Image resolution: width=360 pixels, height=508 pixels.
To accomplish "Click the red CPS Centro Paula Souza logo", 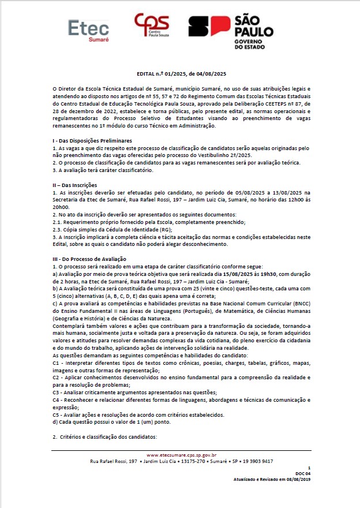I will coord(151,28).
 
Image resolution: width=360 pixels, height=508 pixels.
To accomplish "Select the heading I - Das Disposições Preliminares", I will coord(92,141).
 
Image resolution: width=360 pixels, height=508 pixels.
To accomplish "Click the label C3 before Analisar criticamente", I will coord(56,391).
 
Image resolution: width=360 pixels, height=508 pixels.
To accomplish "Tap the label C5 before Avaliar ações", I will coord(56,414).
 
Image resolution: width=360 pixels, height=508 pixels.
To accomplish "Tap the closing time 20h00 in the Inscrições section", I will coord(61,207).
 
